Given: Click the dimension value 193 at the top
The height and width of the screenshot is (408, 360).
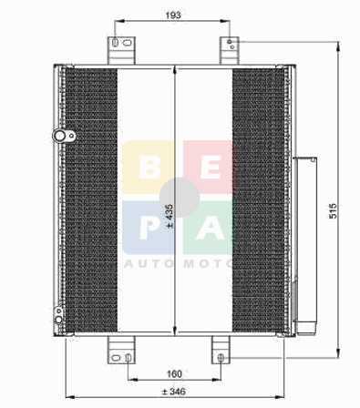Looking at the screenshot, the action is point(173,15).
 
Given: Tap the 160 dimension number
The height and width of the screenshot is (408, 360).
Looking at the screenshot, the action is point(174,374).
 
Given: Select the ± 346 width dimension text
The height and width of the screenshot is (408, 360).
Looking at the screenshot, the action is point(173,392).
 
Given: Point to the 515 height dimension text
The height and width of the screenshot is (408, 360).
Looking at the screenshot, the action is point(334,210).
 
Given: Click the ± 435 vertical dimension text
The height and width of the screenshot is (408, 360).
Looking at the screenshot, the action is point(170,216).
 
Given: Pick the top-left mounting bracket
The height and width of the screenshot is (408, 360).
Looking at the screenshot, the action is point(121,50).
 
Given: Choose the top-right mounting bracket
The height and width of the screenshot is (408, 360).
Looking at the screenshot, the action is point(230,50).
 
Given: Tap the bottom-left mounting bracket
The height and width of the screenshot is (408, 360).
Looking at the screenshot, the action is point(121,350).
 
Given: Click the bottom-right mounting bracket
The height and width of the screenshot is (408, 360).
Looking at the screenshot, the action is point(221,350).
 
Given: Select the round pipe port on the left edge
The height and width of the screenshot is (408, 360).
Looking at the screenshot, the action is point(64,136).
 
